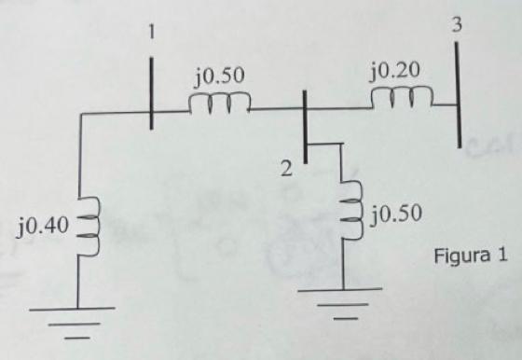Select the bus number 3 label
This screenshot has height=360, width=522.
point(456,25)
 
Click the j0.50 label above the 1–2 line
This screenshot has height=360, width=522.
point(220,76)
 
